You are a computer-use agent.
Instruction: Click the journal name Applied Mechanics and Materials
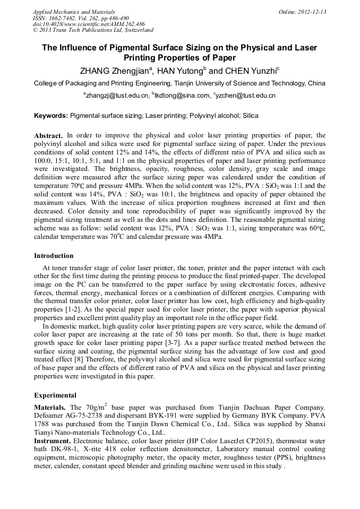coord(73,12)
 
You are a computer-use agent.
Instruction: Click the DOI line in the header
coord(89,24)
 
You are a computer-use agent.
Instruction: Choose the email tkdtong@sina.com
coord(181,96)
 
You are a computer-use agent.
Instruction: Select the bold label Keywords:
coord(51,115)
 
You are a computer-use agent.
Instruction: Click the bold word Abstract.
coord(49,136)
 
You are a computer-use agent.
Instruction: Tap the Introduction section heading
coord(54,256)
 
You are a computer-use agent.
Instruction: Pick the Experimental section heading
coord(55,395)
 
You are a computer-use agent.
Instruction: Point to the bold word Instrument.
coord(53,441)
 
